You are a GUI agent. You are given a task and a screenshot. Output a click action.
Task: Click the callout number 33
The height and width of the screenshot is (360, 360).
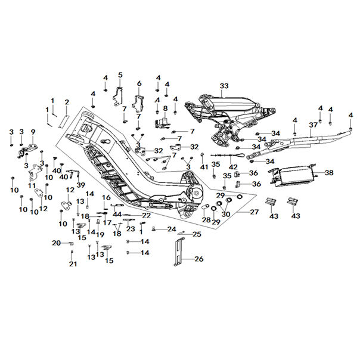click(224, 86)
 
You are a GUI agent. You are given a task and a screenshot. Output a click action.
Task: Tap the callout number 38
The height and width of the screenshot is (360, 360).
click(330, 172)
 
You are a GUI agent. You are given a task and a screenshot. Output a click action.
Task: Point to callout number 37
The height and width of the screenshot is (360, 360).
click(313, 125)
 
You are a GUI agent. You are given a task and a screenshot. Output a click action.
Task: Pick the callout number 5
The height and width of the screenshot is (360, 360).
click(120, 75)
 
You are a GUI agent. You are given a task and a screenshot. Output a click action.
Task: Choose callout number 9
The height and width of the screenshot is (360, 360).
click(33, 131)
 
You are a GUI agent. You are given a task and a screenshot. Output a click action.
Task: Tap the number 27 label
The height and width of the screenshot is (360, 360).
click(254, 212)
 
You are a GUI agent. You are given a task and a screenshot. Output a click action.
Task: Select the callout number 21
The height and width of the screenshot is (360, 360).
click(72, 264)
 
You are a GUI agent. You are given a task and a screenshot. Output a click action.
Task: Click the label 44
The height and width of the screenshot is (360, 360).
click(117, 214)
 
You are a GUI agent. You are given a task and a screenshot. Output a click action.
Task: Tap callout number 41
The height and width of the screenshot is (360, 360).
click(204, 167)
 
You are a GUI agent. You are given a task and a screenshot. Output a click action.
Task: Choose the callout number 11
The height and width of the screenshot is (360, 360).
click(32, 185)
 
